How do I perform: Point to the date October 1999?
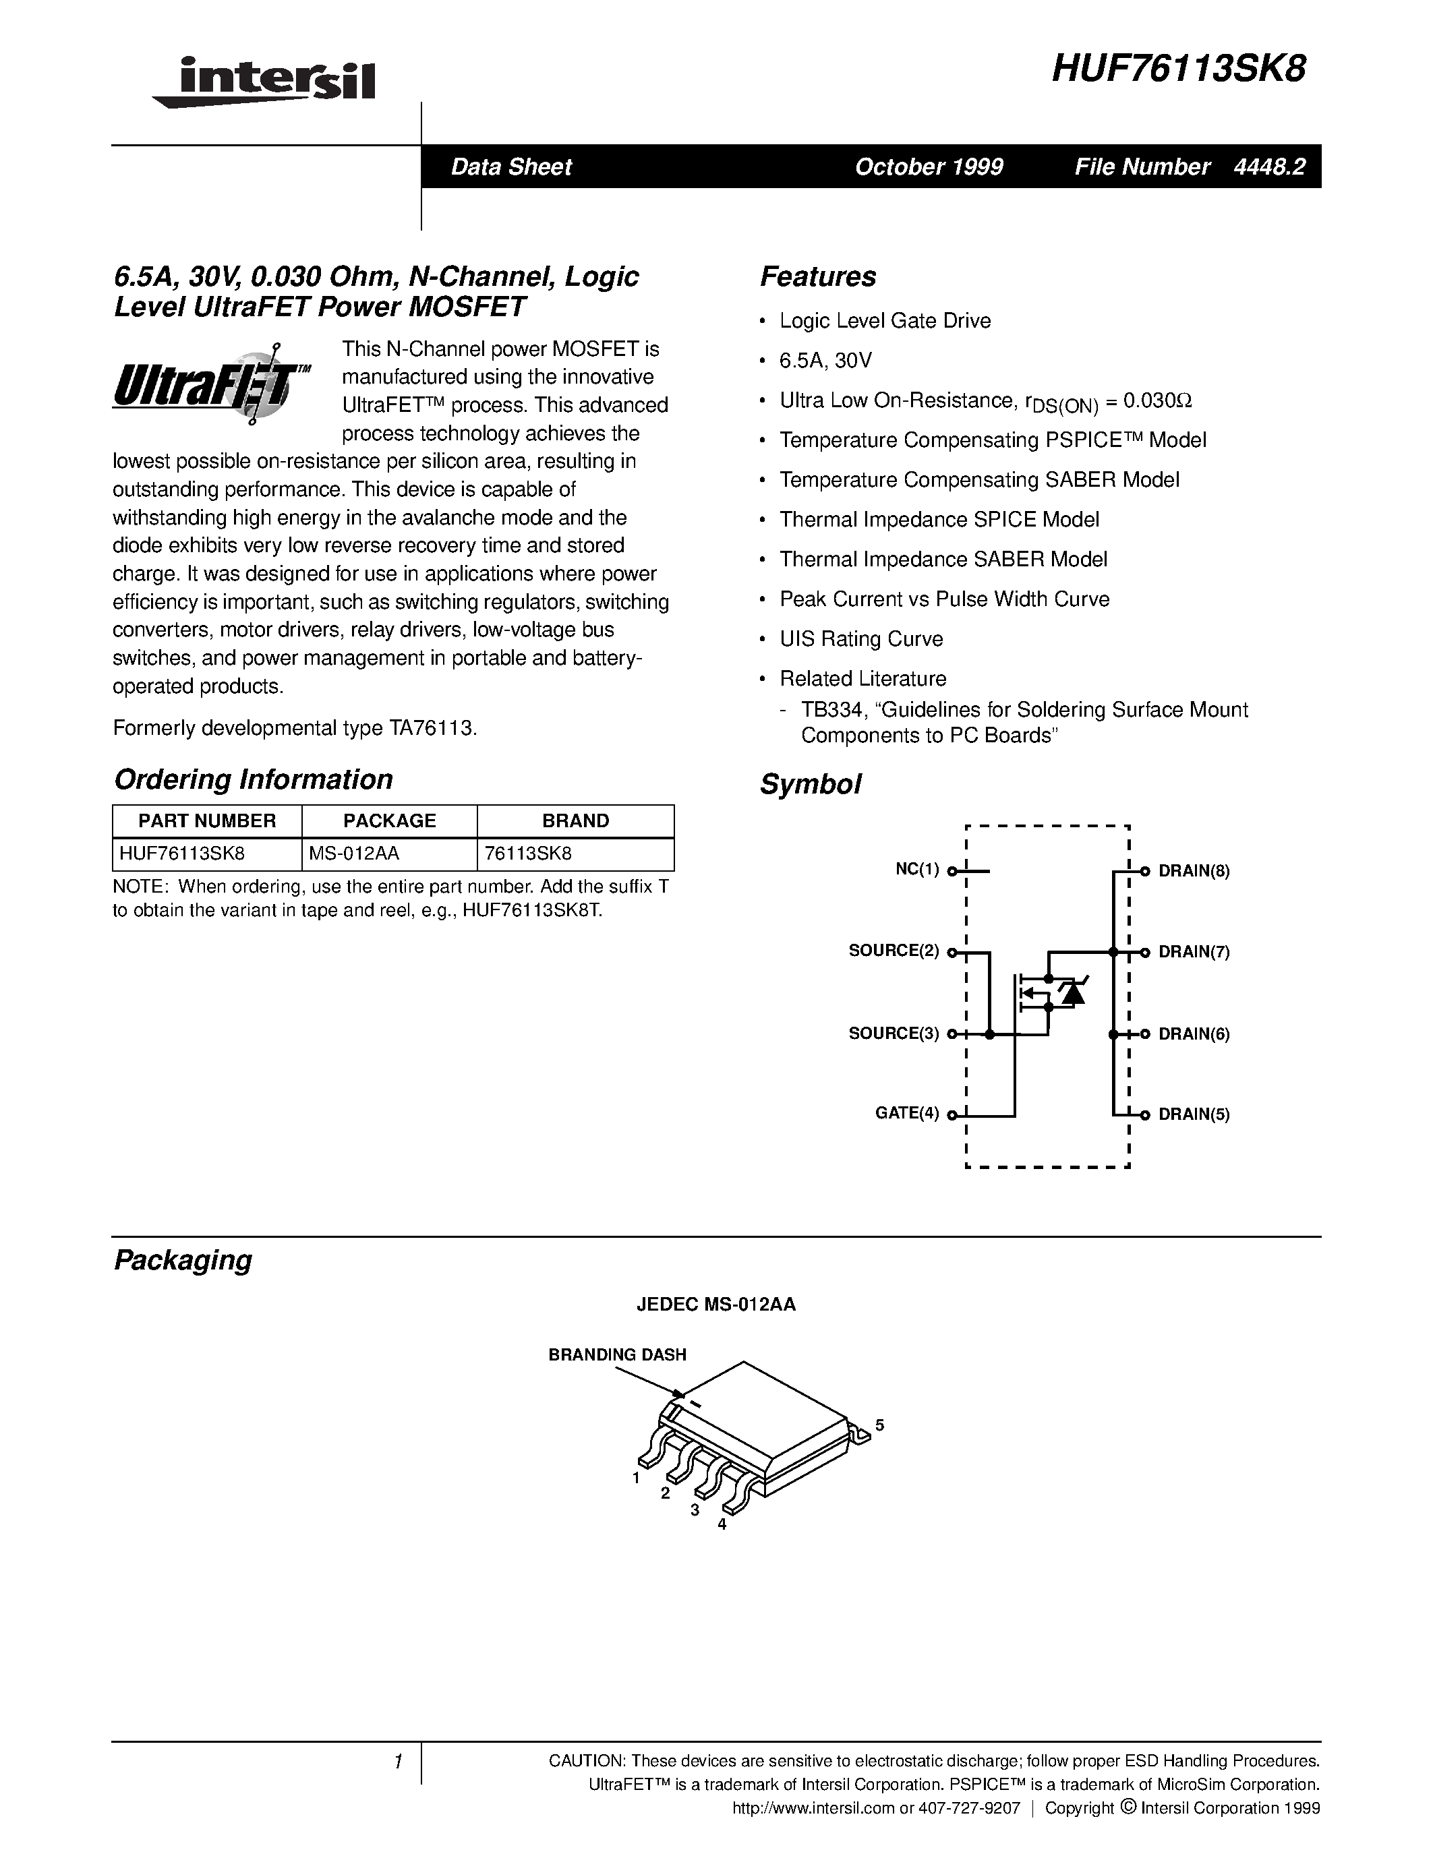tap(929, 167)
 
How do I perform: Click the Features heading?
tap(817, 276)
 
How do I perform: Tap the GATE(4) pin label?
tap(906, 1113)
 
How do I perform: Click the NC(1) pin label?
tap(917, 869)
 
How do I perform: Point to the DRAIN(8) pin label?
tap(1194, 871)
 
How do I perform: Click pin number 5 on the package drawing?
tap(879, 1425)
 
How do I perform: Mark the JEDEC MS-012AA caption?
tap(715, 1305)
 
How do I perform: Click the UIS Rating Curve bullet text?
tap(861, 639)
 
